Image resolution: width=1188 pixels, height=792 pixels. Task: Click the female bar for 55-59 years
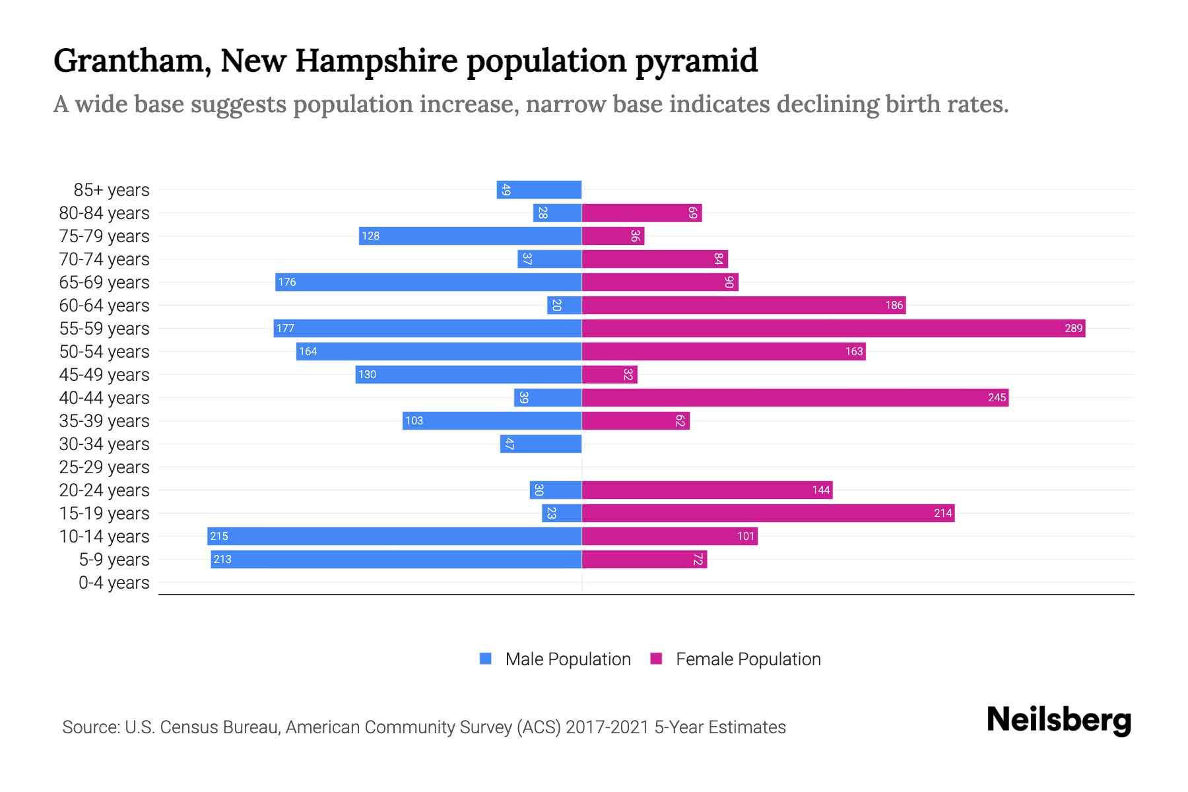[x=833, y=328]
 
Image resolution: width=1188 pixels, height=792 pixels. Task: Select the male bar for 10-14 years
[x=394, y=536]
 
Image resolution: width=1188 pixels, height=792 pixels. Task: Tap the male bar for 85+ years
[x=539, y=189]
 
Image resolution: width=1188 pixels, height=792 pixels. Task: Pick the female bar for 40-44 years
[x=795, y=397]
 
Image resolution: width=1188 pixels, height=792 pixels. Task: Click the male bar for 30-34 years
[x=541, y=444]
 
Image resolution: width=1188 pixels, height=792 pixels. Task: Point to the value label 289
[x=1073, y=328]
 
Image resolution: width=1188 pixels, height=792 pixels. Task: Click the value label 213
[x=222, y=559]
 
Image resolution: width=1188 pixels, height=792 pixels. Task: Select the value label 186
[x=894, y=305]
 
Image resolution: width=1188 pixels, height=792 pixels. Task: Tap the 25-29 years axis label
[x=104, y=467]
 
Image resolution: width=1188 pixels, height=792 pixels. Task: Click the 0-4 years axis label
[x=114, y=582]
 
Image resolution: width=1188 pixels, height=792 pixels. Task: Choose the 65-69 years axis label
[x=104, y=282]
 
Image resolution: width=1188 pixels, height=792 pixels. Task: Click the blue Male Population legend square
[x=486, y=659]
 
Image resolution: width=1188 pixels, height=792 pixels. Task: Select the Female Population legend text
[x=748, y=659]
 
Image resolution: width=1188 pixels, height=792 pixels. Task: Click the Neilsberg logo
[x=1059, y=721]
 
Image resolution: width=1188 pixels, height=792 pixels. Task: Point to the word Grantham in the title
[x=132, y=61]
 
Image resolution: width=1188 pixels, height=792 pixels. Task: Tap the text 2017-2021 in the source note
[x=607, y=727]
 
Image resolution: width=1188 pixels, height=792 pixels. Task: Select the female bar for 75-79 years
[x=612, y=236]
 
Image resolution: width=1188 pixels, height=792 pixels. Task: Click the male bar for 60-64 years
[x=564, y=305]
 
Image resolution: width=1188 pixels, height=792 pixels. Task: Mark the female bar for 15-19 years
[x=768, y=513]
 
